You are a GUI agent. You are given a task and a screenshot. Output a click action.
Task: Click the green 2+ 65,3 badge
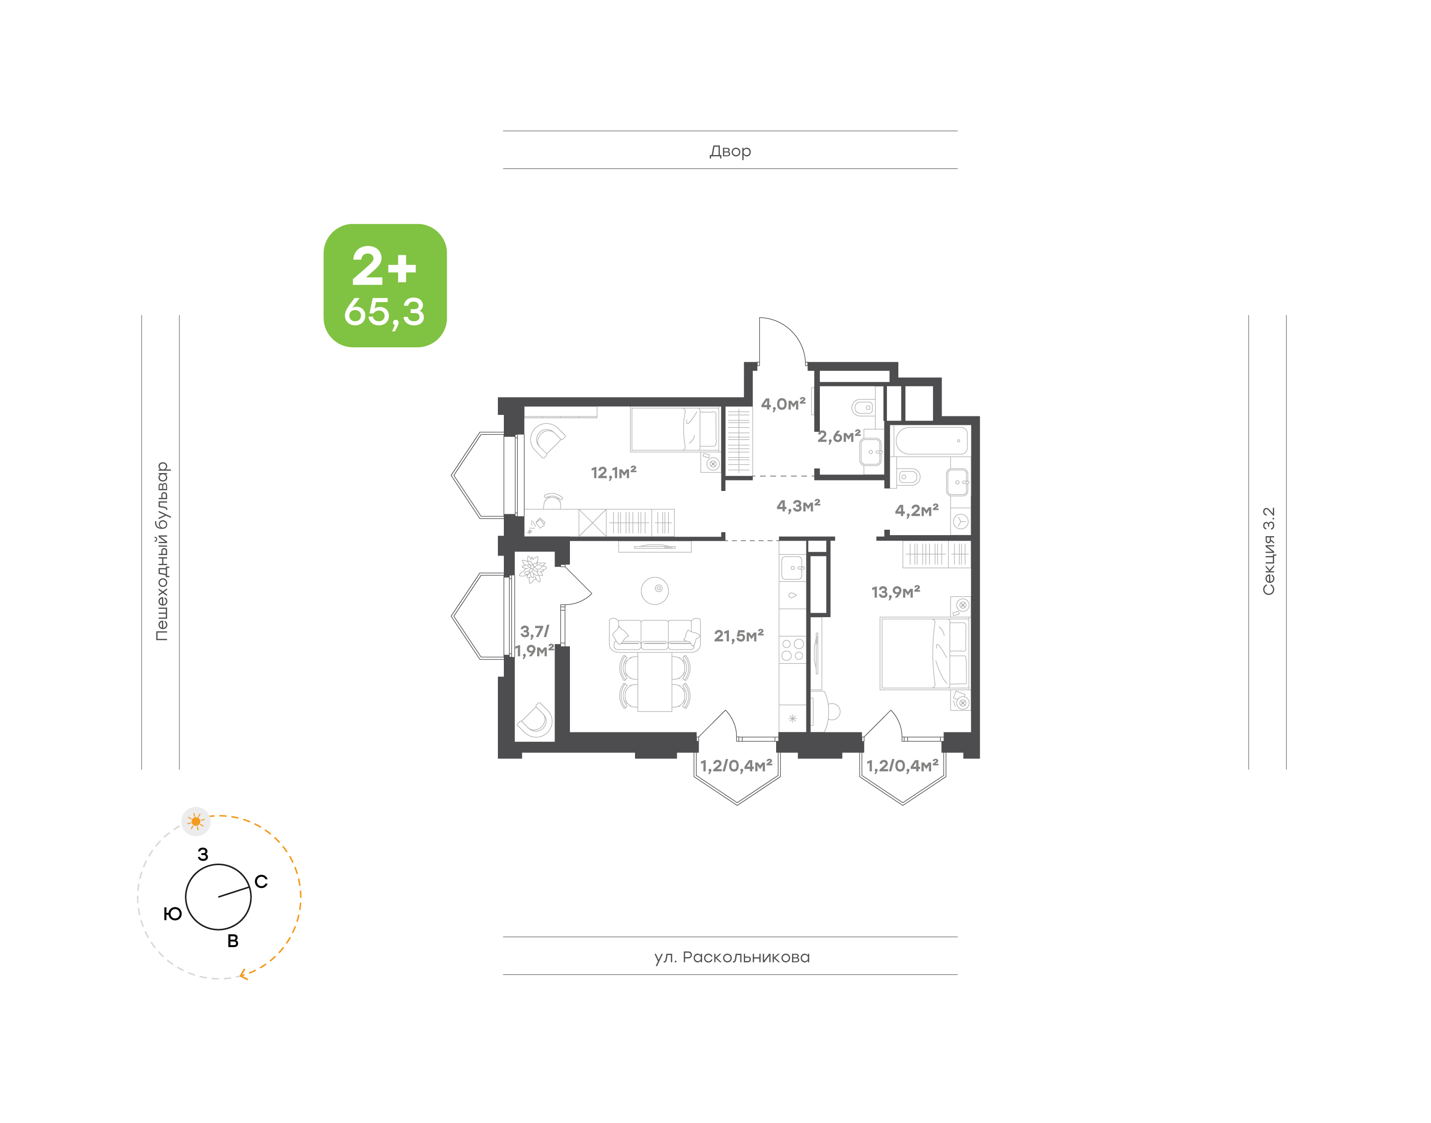click(x=385, y=285)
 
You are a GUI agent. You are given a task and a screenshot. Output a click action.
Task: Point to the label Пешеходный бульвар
click(x=161, y=551)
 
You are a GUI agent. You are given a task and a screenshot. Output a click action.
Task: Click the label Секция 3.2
click(x=1268, y=551)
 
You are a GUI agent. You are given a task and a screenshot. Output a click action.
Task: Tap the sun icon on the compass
click(x=196, y=821)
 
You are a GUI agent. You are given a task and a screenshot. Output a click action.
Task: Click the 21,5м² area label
click(x=739, y=636)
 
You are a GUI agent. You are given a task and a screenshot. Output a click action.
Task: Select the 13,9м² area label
click(x=895, y=592)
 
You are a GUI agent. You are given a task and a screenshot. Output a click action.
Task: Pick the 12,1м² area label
click(x=613, y=472)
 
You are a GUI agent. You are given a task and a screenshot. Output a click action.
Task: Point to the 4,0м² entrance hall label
click(x=783, y=403)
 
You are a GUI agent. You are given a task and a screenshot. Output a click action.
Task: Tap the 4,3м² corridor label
click(x=798, y=506)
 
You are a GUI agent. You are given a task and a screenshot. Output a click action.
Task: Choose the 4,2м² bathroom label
click(x=916, y=510)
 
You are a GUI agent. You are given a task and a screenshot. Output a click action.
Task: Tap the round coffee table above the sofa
click(x=655, y=590)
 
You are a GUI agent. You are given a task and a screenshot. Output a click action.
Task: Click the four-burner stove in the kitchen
click(x=792, y=649)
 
